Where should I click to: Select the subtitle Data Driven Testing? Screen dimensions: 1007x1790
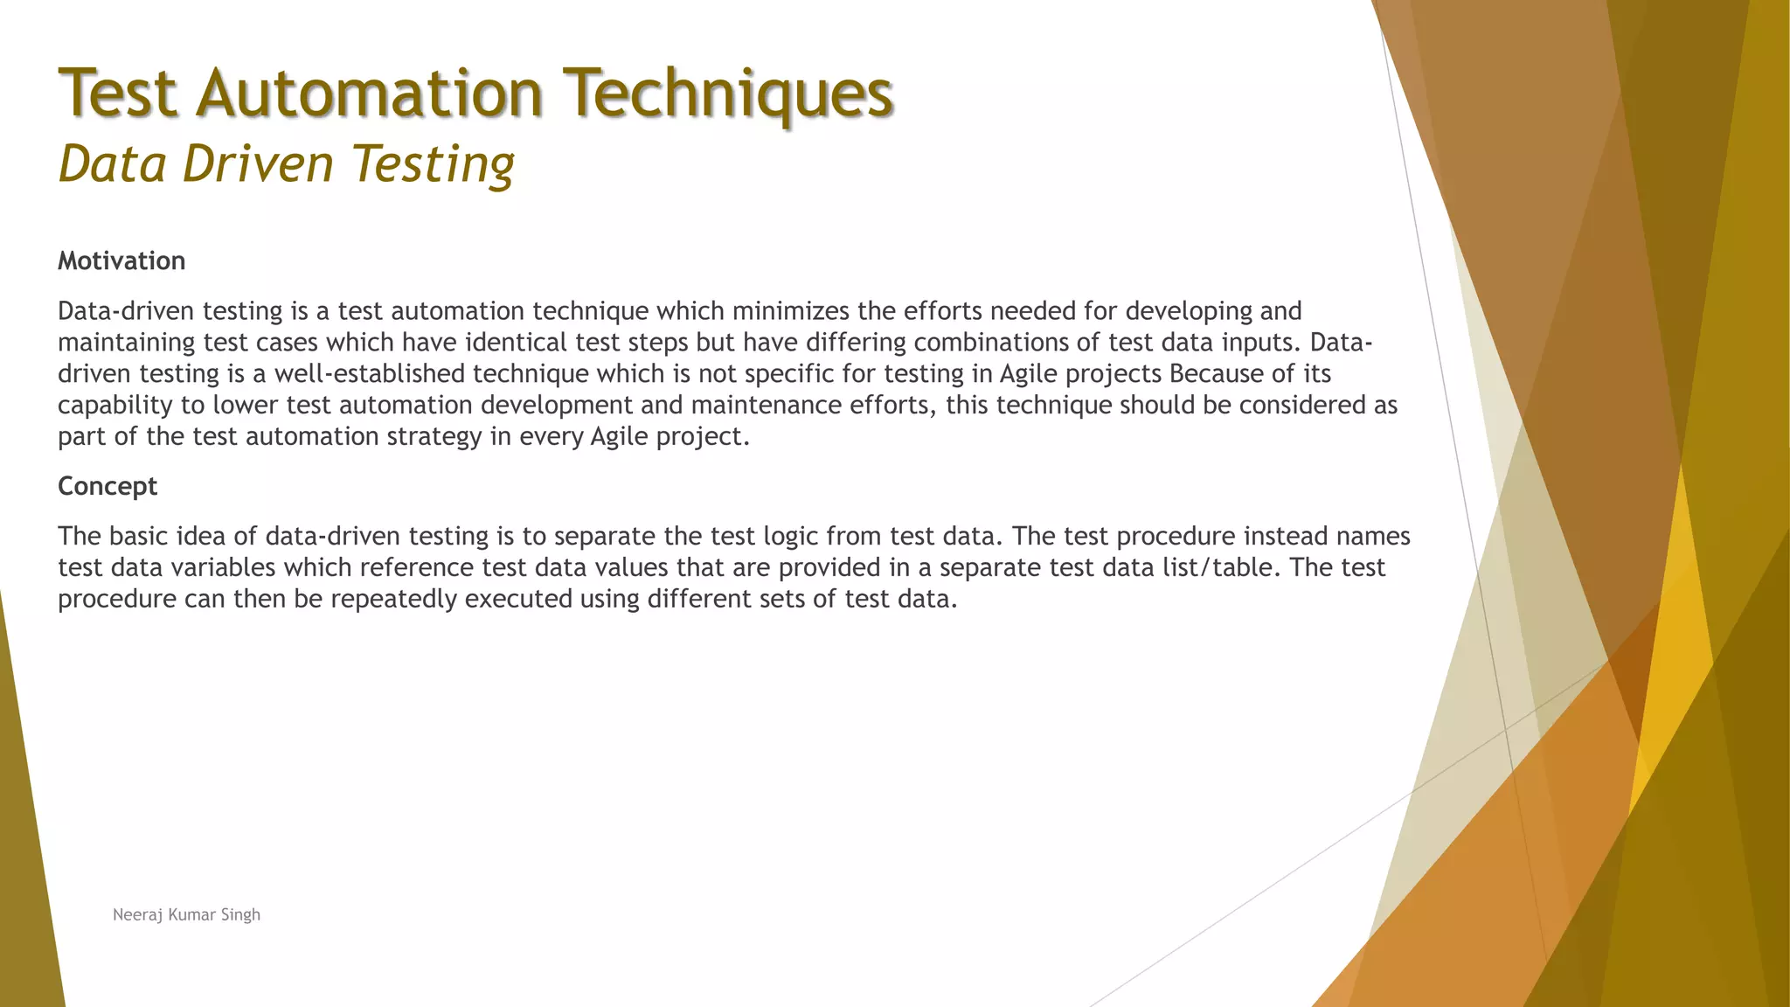pyautogui.click(x=286, y=163)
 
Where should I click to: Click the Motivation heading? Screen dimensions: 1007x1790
pyautogui.click(x=121, y=260)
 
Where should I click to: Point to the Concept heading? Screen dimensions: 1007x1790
pyautogui.click(x=108, y=485)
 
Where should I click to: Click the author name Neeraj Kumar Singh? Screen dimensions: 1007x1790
pyautogui.click(x=186, y=914)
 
